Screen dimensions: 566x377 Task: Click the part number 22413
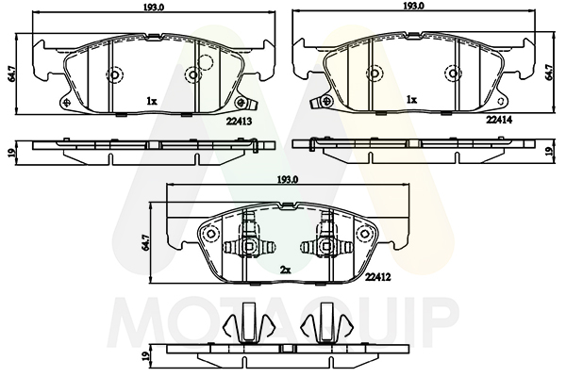(239, 122)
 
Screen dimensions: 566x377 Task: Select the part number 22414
(499, 120)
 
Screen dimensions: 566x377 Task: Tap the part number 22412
(378, 277)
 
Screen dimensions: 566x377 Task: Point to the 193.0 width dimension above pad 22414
(414, 6)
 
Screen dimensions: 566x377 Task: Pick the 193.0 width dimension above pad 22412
(288, 179)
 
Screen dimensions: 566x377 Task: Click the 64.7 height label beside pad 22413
(12, 74)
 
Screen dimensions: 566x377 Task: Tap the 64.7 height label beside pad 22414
(549, 73)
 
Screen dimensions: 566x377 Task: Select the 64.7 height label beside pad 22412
(145, 243)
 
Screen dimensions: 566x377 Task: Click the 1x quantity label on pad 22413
(152, 102)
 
